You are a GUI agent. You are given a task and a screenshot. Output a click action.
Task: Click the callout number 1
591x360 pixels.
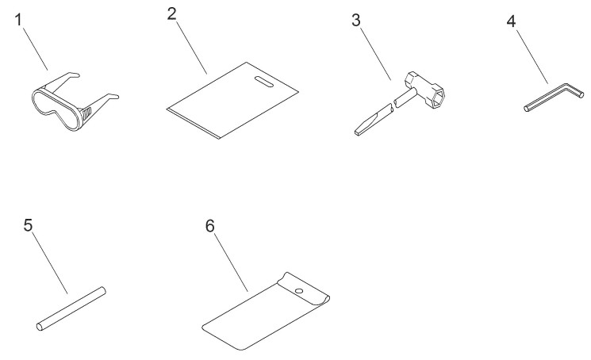click(x=18, y=20)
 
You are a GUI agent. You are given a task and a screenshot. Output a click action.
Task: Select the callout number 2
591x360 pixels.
click(x=172, y=14)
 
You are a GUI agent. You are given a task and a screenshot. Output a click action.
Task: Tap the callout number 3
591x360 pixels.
click(x=356, y=21)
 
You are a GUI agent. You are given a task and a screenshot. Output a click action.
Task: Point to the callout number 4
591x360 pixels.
click(x=511, y=21)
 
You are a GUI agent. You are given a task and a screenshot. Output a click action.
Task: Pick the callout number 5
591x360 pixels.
click(x=29, y=225)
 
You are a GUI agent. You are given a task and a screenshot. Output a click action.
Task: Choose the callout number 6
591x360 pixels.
click(x=210, y=226)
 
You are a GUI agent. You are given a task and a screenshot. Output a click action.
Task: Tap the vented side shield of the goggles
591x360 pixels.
click(x=86, y=113)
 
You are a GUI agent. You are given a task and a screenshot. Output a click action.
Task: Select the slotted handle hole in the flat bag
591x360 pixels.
click(x=264, y=82)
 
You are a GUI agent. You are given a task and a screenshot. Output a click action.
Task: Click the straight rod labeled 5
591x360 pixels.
click(x=71, y=308)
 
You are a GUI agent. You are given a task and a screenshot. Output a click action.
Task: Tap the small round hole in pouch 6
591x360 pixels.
click(x=299, y=291)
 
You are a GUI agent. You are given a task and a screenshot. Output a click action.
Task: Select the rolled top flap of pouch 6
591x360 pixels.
click(x=304, y=289)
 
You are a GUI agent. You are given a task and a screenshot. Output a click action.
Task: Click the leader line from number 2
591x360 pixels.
click(x=191, y=48)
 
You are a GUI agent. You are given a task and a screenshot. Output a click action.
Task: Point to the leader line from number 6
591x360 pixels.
click(x=232, y=262)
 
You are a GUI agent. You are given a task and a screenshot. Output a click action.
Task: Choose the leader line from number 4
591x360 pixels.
click(x=532, y=56)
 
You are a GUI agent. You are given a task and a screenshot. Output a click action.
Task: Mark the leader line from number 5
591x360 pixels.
click(x=50, y=262)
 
